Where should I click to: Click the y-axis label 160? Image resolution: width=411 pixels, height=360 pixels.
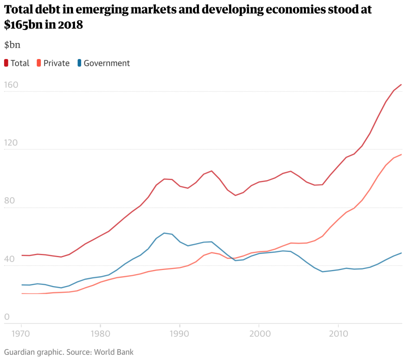click(11, 85)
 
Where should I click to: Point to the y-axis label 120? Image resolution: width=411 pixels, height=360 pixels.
click(11, 143)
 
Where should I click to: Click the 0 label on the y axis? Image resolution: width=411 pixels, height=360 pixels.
click(7, 317)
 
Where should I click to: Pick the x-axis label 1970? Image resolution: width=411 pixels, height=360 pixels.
click(21, 333)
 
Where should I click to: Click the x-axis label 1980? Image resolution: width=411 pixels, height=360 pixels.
click(100, 333)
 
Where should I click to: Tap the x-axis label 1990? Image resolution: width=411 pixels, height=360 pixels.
click(180, 333)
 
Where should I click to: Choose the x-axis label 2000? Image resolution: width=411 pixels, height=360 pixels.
click(259, 333)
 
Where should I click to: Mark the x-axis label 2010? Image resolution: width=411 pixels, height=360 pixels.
click(338, 333)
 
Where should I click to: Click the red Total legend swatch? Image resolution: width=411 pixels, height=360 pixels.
click(6, 63)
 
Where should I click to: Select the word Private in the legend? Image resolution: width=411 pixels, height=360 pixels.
click(56, 63)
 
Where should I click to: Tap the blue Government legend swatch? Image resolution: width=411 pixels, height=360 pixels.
click(79, 63)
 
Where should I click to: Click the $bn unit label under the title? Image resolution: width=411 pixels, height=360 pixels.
click(12, 45)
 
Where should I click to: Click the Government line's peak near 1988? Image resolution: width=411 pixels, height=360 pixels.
click(164, 233)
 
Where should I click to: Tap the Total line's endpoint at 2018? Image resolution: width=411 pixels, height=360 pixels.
click(401, 84)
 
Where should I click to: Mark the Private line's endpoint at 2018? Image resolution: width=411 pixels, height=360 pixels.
click(401, 154)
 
